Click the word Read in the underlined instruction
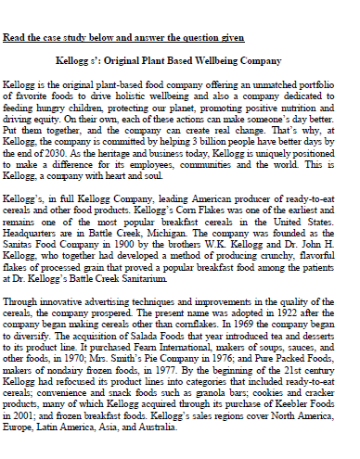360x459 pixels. [14, 38]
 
